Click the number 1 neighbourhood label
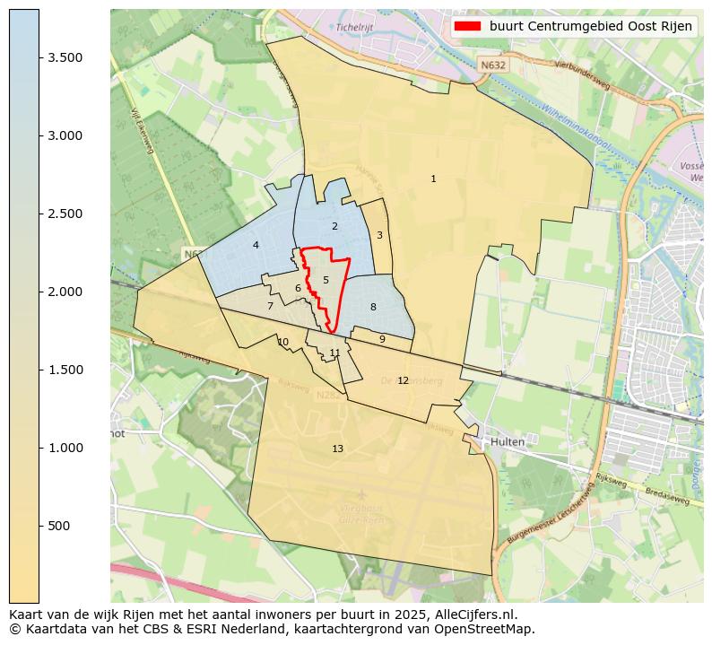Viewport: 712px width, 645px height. (x=433, y=179)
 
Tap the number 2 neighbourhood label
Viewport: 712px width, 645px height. (x=334, y=227)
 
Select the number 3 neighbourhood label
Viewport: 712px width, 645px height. (x=379, y=236)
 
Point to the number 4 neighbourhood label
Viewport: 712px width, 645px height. (x=256, y=246)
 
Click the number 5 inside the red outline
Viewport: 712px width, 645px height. (x=326, y=281)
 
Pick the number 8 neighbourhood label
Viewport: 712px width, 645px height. (x=373, y=308)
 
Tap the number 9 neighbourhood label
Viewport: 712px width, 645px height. (x=382, y=340)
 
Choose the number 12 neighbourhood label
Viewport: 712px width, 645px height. (x=403, y=381)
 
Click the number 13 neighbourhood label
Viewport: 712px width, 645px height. (x=337, y=449)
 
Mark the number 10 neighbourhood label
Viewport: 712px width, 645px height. (x=283, y=343)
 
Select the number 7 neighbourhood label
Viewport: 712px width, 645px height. (x=270, y=307)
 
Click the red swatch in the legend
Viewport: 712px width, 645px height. (x=467, y=27)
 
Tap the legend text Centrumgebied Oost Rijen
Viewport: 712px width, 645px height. (x=591, y=27)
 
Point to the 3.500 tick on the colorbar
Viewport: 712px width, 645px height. (x=65, y=57)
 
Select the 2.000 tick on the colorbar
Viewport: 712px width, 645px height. (x=65, y=292)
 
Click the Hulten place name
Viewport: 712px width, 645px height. (x=507, y=442)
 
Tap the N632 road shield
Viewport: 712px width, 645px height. (x=491, y=65)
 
